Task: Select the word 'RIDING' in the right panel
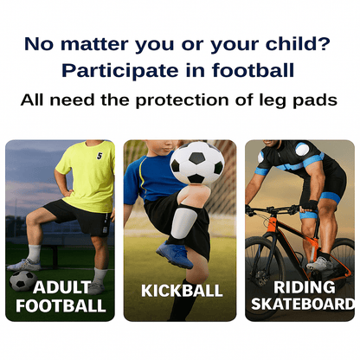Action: point(303,286)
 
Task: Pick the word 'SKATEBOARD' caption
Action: point(303,304)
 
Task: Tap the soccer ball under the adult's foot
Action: point(22,280)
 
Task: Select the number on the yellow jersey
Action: point(99,156)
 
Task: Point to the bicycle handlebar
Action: point(254,209)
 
